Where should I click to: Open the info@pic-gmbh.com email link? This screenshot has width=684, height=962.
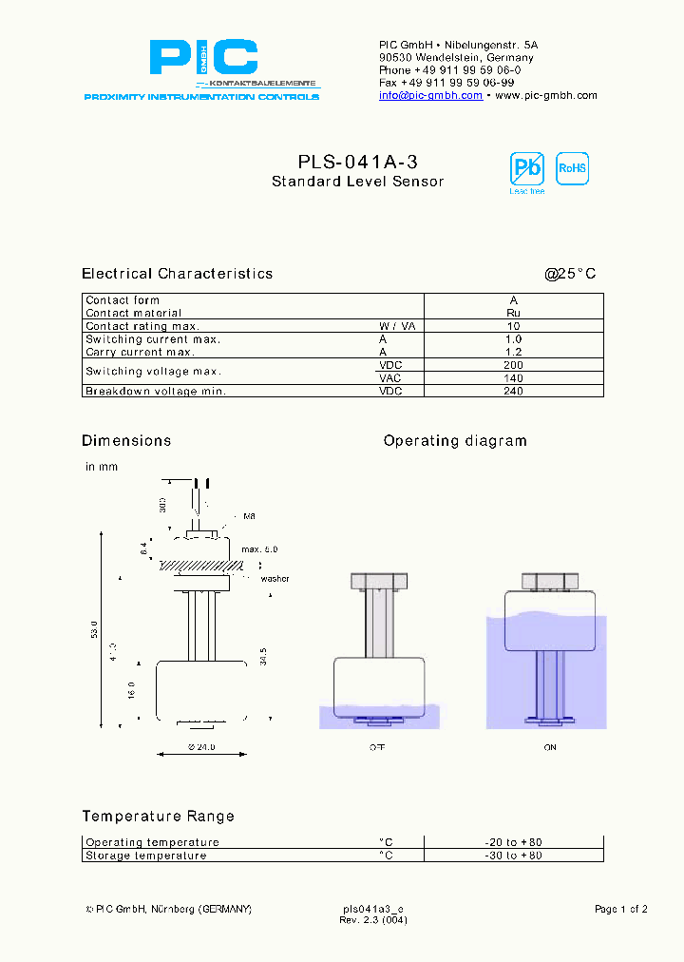pyautogui.click(x=430, y=95)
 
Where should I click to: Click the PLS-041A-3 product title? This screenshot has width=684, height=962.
pyautogui.click(x=357, y=163)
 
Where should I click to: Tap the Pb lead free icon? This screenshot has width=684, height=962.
pyautogui.click(x=526, y=169)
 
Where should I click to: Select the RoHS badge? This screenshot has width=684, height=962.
pyautogui.click(x=572, y=168)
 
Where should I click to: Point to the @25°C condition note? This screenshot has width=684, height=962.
pyautogui.click(x=570, y=274)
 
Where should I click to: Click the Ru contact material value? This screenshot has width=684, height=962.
pyautogui.click(x=513, y=313)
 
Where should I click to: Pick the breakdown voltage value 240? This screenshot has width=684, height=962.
pyautogui.click(x=513, y=391)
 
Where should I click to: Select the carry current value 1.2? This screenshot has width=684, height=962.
pyautogui.click(x=513, y=352)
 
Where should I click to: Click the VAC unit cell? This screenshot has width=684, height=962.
pyautogui.click(x=390, y=377)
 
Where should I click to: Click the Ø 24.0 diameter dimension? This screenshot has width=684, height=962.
pyautogui.click(x=200, y=748)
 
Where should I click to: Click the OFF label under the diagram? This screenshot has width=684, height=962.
pyautogui.click(x=377, y=748)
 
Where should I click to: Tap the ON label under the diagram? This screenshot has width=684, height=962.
pyautogui.click(x=550, y=748)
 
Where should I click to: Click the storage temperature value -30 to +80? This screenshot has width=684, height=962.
pyautogui.click(x=513, y=856)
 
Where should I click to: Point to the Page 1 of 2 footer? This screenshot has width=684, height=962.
pyautogui.click(x=620, y=910)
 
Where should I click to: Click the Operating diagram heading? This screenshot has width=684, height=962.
pyautogui.click(x=454, y=441)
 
